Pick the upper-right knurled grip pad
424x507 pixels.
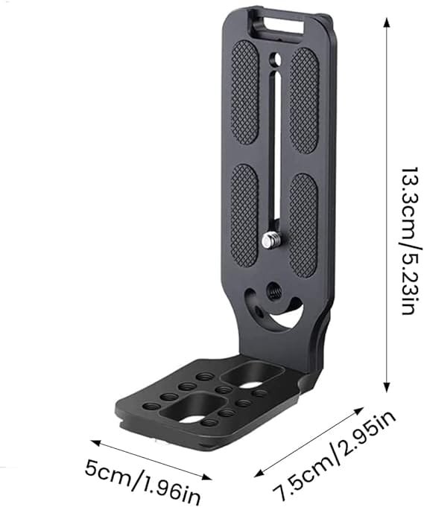coord(303,99)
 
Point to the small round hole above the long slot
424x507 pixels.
coord(276,59)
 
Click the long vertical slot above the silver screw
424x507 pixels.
coord(274,149)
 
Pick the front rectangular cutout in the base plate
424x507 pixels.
coord(186,409)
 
